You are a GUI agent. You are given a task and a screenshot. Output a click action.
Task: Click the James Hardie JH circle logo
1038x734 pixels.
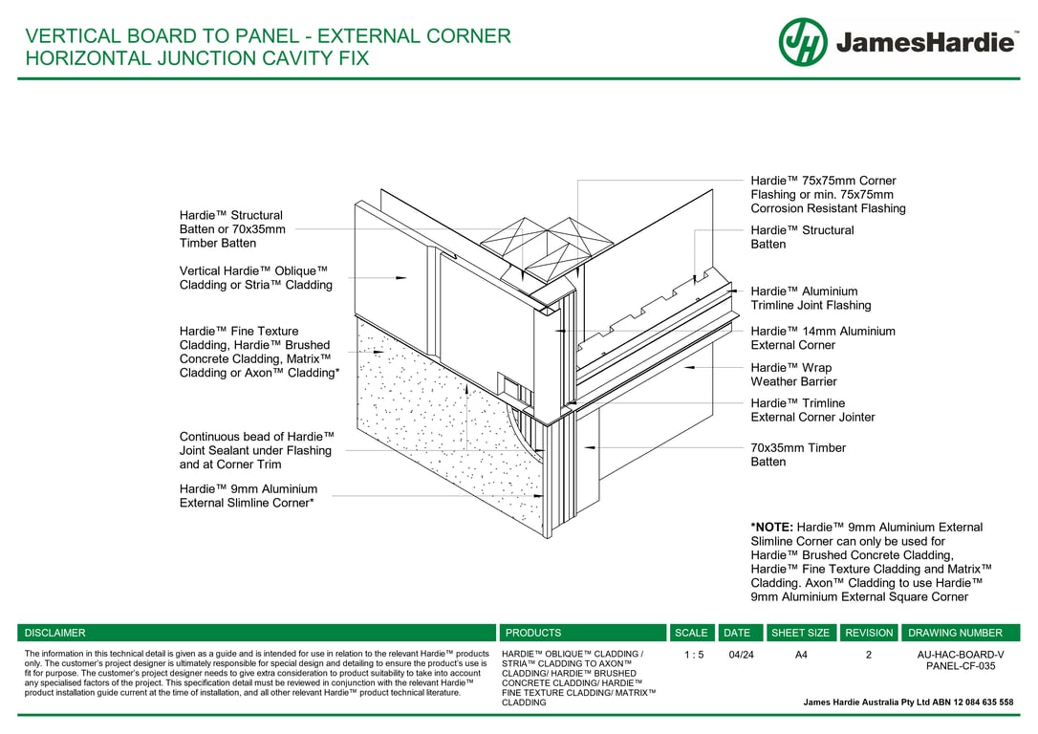pyautogui.click(x=803, y=42)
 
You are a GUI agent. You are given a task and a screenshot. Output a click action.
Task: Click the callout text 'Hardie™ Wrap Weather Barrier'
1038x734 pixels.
pyautogui.click(x=790, y=375)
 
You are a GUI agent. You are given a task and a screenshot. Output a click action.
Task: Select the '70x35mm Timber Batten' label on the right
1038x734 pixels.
pyautogui.click(x=798, y=455)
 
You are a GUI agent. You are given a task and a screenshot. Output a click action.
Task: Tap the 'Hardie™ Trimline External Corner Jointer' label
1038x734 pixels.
pyautogui.click(x=812, y=410)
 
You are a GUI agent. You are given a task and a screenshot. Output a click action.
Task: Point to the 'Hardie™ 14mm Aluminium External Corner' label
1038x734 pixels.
pyautogui.click(x=822, y=338)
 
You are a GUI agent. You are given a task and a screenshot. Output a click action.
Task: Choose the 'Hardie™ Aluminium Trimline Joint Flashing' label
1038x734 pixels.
pyautogui.click(x=811, y=298)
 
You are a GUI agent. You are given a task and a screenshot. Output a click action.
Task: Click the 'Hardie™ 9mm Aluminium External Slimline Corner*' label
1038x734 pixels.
pyautogui.click(x=248, y=496)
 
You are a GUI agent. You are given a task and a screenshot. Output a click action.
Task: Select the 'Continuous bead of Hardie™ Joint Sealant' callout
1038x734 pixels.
pyautogui.click(x=256, y=450)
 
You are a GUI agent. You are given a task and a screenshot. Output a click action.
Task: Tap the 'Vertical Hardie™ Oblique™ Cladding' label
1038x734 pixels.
pyautogui.click(x=255, y=278)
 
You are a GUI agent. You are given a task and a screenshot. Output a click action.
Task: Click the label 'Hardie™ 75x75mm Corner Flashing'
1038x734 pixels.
pyautogui.click(x=828, y=194)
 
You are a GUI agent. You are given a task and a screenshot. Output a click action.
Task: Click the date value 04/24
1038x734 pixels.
pyautogui.click(x=741, y=655)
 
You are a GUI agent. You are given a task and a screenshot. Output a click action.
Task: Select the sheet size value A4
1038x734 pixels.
pyautogui.click(x=801, y=655)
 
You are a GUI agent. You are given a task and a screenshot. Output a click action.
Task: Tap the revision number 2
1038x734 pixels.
pyautogui.click(x=869, y=655)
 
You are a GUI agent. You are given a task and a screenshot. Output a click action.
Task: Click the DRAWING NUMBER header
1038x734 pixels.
pyautogui.click(x=955, y=633)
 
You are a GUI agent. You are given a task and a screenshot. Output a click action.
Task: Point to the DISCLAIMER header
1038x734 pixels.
pyautogui.click(x=54, y=633)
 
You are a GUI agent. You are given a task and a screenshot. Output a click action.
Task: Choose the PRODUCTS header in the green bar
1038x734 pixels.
pyautogui.click(x=533, y=633)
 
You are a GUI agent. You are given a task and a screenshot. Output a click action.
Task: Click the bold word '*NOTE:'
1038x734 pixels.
pyautogui.click(x=771, y=528)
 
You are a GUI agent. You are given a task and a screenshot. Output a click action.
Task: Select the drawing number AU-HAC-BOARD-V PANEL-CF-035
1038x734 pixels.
pyautogui.click(x=961, y=660)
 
